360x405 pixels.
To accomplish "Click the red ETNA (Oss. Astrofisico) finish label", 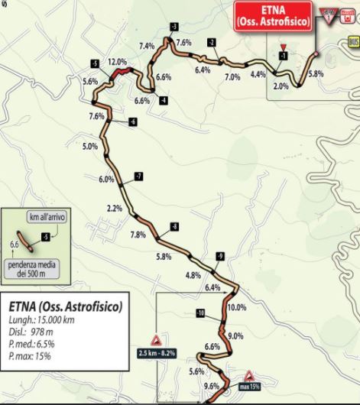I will click(274, 16).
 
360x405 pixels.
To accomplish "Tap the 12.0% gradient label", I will click(117, 61).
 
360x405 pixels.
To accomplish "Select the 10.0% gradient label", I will click(236, 307).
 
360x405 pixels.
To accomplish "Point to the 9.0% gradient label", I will click(235, 335).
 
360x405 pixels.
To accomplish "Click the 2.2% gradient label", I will click(115, 208).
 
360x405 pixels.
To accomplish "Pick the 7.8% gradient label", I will click(138, 234).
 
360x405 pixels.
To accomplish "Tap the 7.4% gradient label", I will click(148, 46).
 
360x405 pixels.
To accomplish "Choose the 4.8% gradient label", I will click(193, 275).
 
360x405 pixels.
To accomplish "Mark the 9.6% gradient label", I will click(212, 386).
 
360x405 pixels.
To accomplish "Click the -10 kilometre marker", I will click(200, 313).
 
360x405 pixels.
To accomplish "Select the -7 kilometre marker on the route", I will click(138, 177).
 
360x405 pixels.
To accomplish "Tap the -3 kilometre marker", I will click(175, 28).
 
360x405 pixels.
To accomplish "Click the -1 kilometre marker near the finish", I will click(283, 56).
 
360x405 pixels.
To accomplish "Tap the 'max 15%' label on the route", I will click(248, 387).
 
